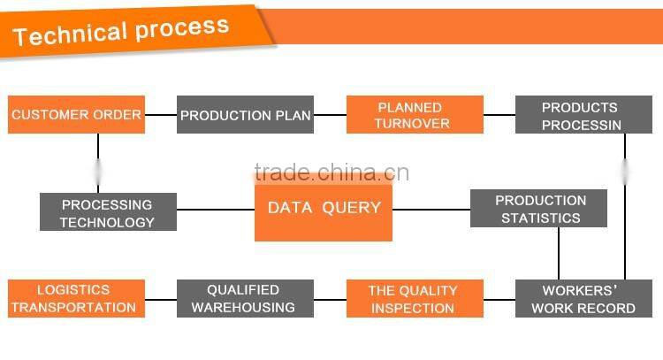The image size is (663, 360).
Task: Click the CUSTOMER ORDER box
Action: click(x=76, y=115)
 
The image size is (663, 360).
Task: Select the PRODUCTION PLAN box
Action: click(x=245, y=115)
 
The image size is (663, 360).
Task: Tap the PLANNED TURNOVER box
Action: click(x=415, y=115)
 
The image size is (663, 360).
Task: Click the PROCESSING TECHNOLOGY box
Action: click(x=108, y=213)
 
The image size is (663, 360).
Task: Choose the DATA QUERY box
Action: click(x=324, y=209)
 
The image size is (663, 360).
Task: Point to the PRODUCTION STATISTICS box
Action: click(x=538, y=209)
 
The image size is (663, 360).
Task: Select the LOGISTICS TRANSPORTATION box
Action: click(x=76, y=299)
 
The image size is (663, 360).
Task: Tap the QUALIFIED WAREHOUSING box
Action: click(x=245, y=299)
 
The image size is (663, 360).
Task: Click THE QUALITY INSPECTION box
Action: click(x=415, y=299)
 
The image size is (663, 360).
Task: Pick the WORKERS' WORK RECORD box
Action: click(x=583, y=299)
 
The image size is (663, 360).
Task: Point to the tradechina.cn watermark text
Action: click(x=331, y=172)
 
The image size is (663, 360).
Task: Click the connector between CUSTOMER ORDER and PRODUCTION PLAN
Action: click(x=161, y=115)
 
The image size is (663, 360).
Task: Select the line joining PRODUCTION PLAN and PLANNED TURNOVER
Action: click(x=330, y=115)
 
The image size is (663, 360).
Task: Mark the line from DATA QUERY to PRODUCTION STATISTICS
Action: click(x=431, y=210)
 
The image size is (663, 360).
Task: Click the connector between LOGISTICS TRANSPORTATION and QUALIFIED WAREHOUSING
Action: click(x=161, y=299)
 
